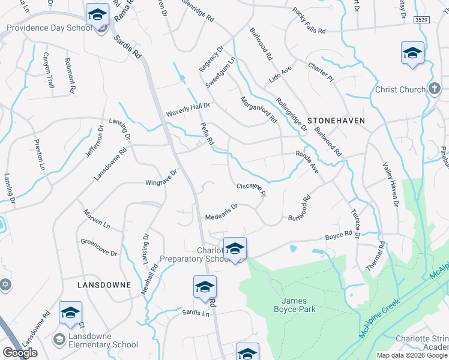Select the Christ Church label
tap(400, 89)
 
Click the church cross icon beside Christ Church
tap(435, 89)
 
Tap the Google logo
tap(20, 353)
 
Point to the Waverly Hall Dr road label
tap(188, 109)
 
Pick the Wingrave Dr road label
tap(161, 178)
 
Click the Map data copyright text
tap(412, 355)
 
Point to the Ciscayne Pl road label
tap(251, 190)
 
